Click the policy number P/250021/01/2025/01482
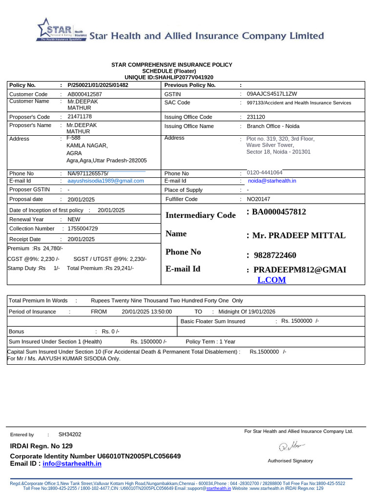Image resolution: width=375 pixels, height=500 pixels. point(98,85)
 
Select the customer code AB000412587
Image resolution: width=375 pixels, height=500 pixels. point(84,94)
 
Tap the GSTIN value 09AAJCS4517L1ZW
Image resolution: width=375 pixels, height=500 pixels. point(272,94)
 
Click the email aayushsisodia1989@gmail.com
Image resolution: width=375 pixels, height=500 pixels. point(105,181)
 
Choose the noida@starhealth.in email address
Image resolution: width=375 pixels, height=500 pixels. point(272,181)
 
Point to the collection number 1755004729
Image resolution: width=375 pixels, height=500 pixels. point(83,229)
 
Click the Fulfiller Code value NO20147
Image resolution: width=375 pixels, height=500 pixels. point(258,199)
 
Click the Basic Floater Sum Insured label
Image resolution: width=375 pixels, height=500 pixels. point(213,322)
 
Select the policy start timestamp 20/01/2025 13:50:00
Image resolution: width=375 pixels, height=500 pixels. point(146,312)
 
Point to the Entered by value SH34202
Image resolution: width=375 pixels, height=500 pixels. point(70,434)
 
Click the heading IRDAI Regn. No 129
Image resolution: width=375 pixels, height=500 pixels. point(41,446)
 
